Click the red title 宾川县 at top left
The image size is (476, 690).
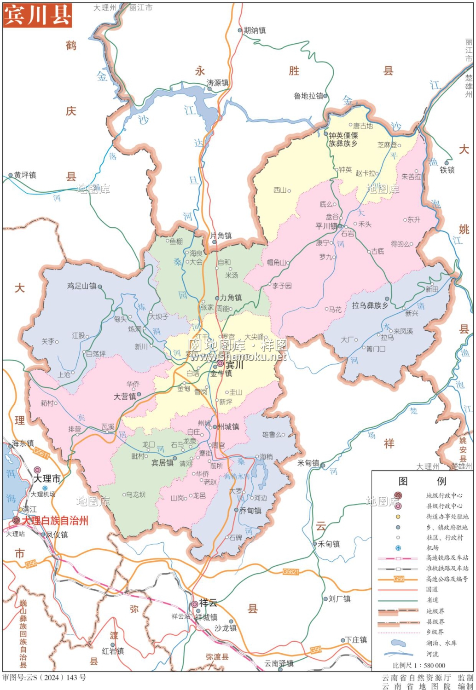(37, 15)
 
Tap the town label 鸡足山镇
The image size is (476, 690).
(81, 286)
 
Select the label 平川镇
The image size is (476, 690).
(326, 226)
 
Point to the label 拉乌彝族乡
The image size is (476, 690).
(370, 305)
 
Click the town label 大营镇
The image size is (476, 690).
(125, 397)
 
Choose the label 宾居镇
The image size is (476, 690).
(162, 463)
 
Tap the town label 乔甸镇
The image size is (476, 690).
(250, 511)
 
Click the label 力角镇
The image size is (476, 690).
(231, 298)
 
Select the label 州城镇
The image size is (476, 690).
(228, 427)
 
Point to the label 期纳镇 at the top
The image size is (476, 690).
(255, 30)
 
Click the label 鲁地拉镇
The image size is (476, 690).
(308, 96)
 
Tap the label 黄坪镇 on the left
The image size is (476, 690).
(25, 175)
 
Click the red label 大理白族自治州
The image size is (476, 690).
(55, 521)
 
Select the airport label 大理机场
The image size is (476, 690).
(43, 494)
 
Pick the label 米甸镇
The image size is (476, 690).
(308, 463)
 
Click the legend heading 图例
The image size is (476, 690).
(422, 481)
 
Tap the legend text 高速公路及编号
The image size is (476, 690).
(447, 579)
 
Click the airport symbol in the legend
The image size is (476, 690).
(398, 548)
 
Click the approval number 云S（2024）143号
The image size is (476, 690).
(44, 678)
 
